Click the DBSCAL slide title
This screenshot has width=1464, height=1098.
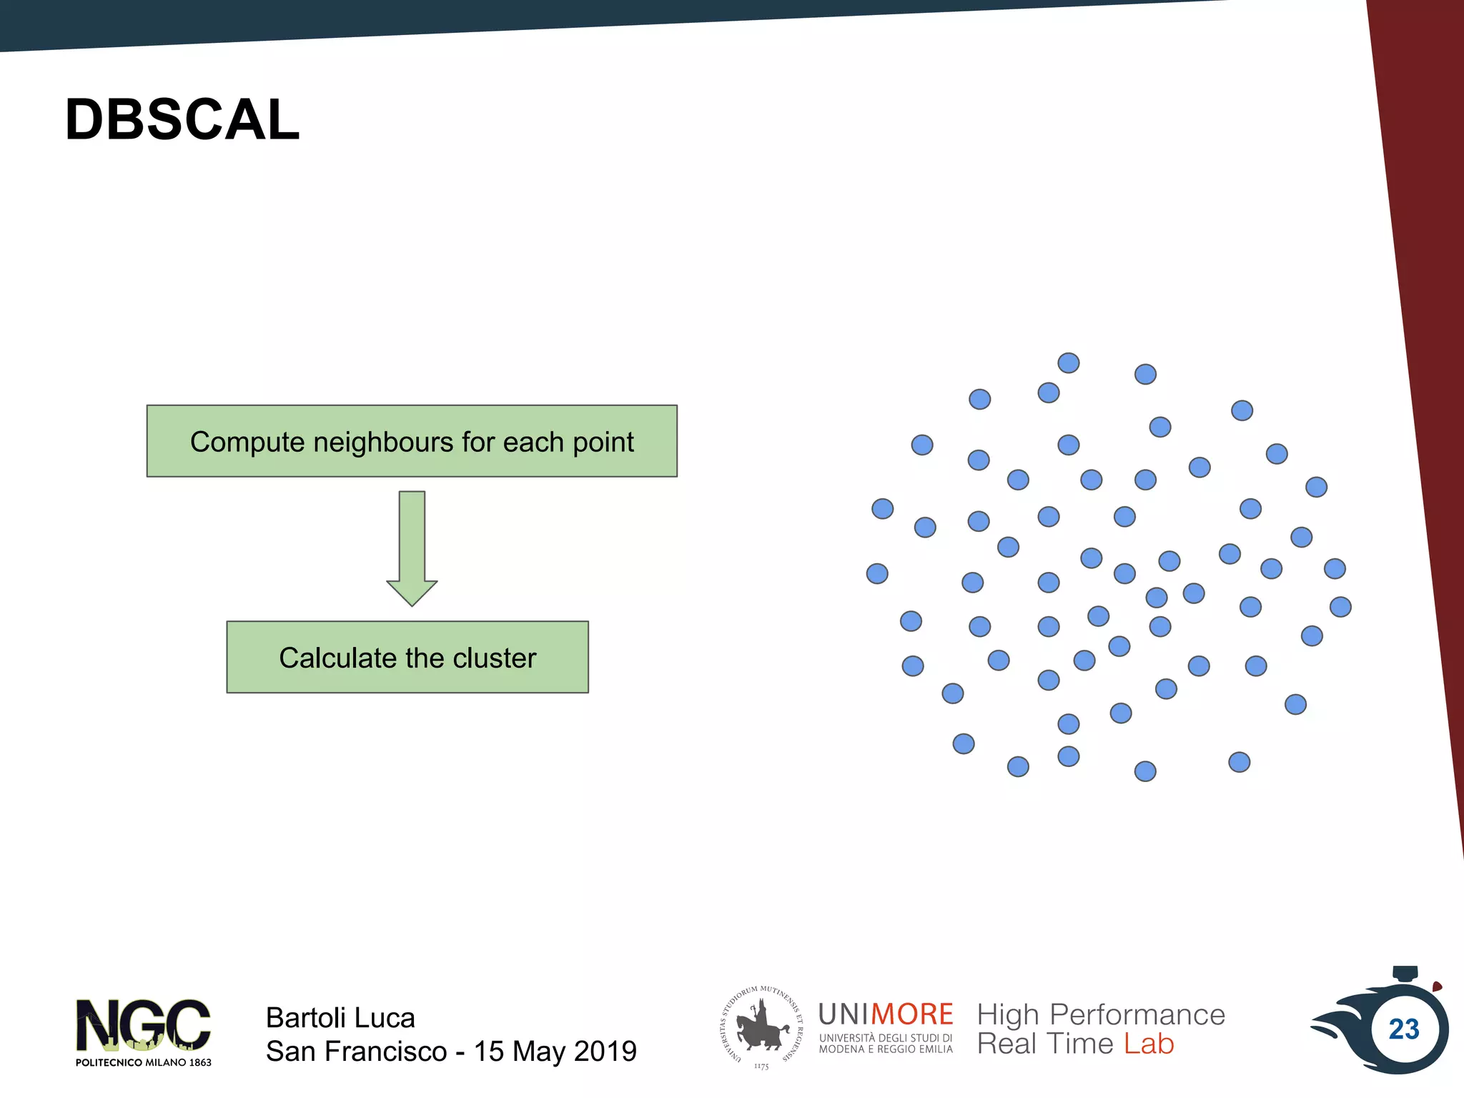[182, 119]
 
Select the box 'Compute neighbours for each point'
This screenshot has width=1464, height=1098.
[412, 441]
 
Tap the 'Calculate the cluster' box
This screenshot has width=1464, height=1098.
[407, 657]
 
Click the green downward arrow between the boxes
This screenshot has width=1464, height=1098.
[412, 548]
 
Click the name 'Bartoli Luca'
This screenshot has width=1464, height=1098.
[340, 1017]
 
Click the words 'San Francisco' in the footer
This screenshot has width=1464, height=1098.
[356, 1052]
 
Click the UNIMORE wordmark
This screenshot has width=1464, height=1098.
[885, 1014]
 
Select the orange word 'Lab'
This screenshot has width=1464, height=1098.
[1149, 1044]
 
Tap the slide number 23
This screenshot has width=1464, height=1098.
[1403, 1029]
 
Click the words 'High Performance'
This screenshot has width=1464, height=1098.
[1101, 1014]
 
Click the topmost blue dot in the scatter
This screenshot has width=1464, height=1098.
[1068, 363]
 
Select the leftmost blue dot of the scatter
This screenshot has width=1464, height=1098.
[877, 573]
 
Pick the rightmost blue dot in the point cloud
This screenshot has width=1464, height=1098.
[1340, 607]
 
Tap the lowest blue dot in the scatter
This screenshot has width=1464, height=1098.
[1145, 771]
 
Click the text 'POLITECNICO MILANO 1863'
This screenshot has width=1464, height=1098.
[143, 1062]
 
